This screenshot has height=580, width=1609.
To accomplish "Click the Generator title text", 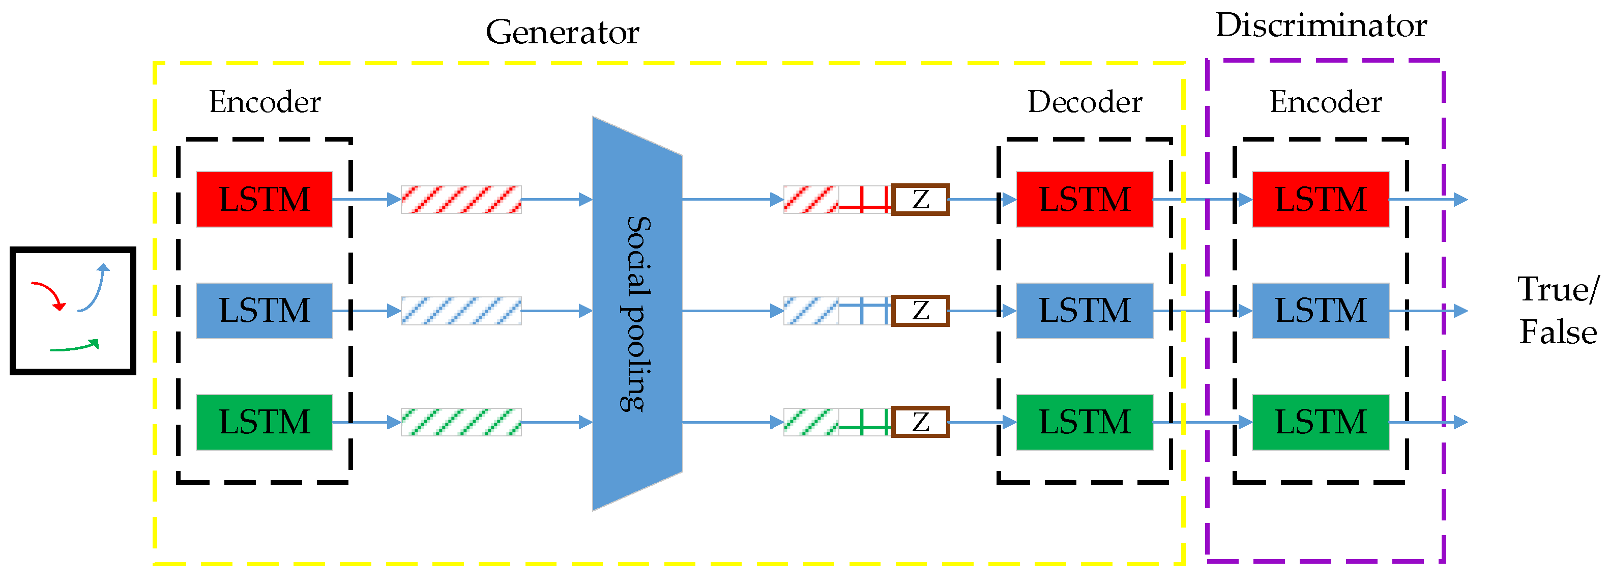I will click(562, 33).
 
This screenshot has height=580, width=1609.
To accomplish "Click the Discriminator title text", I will click(1321, 26).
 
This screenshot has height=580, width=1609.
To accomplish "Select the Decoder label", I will click(1085, 102).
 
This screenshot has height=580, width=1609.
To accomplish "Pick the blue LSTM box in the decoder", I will click(1085, 311).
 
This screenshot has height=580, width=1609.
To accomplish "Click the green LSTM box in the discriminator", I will click(1321, 422).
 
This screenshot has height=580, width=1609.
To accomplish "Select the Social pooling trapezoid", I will click(637, 313).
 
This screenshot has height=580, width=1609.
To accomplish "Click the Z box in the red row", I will click(920, 200).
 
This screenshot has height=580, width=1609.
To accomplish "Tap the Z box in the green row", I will click(920, 422).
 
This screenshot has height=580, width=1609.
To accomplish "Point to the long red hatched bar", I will click(461, 200).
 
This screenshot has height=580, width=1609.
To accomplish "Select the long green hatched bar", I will click(461, 422).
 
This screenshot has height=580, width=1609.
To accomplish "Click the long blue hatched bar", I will click(461, 311).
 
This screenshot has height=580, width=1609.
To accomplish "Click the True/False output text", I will click(1557, 311).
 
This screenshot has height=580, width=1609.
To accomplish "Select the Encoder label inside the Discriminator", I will click(1326, 102).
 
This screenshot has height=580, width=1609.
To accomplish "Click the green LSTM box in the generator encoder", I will click(264, 422).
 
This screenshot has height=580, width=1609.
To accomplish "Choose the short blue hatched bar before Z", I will click(811, 311).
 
